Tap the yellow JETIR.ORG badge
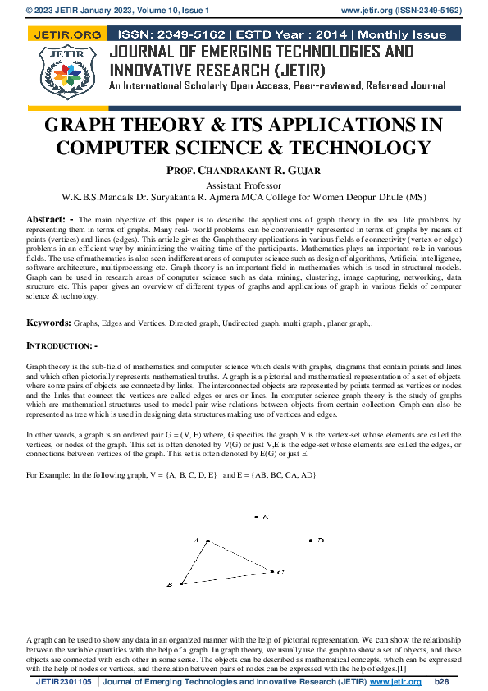click(x=66, y=35)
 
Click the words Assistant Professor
click(x=244, y=185)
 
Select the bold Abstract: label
click(x=46, y=220)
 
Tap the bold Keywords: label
click(x=49, y=325)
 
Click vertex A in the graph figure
click(x=207, y=541)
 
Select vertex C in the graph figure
click(x=272, y=570)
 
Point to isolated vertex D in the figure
click(x=311, y=540)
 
